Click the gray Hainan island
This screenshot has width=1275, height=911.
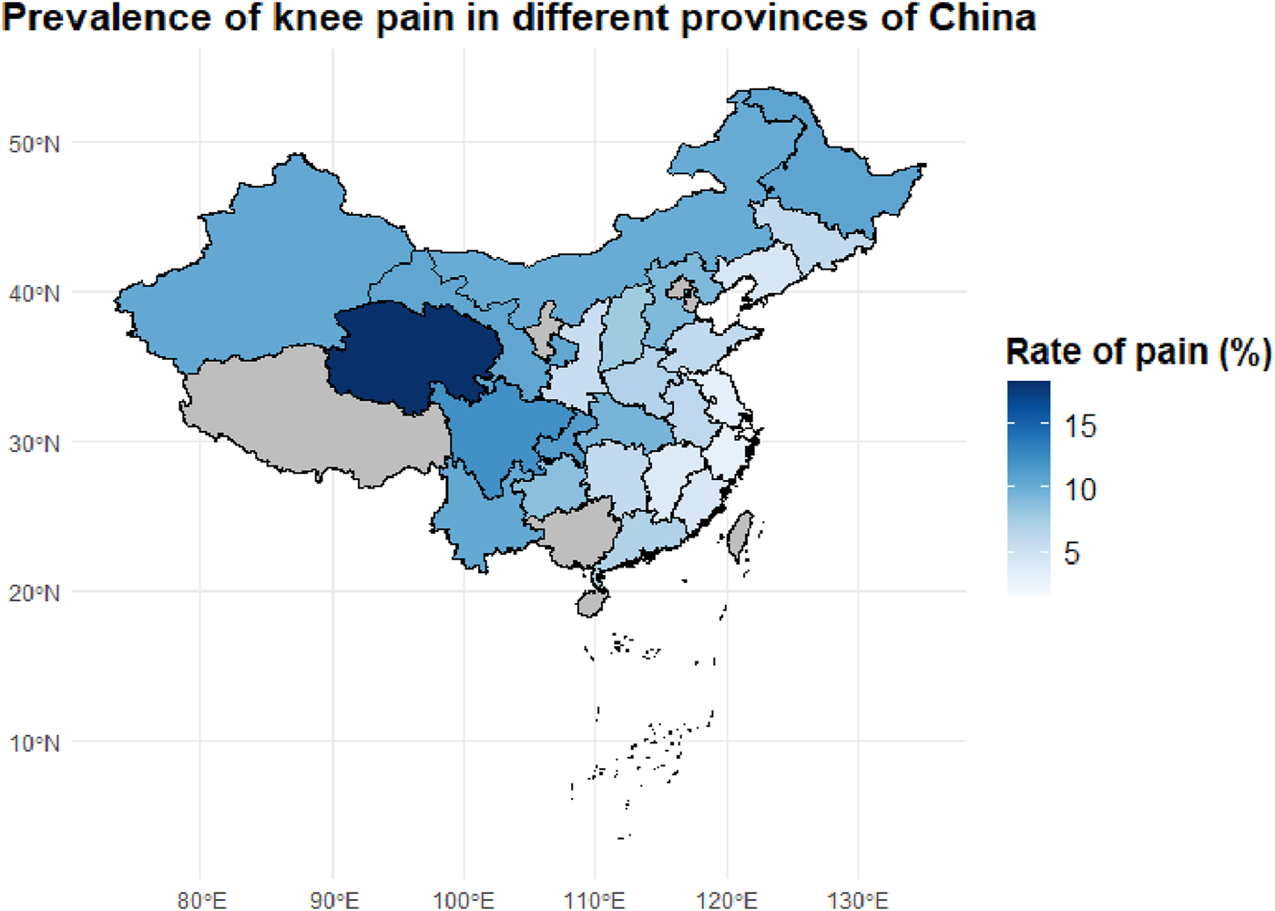coord(592,602)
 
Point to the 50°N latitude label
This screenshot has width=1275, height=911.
coord(35,144)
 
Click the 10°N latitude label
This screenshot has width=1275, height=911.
coord(35,743)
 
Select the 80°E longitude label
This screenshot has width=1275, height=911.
coord(201,900)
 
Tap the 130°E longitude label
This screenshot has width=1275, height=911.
coord(858,900)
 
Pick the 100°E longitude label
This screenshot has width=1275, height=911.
coord(464,900)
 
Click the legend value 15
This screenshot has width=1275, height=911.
coord(1080,425)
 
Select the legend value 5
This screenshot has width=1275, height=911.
coord(1072,553)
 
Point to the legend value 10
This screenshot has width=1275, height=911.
coord(1080,490)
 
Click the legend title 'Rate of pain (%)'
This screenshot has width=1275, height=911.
coord(1137,352)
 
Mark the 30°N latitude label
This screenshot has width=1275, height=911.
coord(35,444)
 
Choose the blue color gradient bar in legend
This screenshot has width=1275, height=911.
coord(1028,488)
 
